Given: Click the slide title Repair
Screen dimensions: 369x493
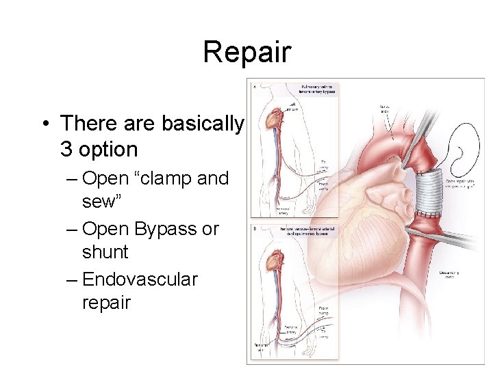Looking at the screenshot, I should (246, 52).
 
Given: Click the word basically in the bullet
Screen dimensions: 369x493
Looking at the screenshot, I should (202, 124).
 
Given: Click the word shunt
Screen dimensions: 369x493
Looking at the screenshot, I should (105, 252).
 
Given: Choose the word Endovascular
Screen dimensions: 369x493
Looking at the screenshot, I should (140, 279).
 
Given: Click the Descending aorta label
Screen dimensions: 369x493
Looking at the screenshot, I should (453, 275).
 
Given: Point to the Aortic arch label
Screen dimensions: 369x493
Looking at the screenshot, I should (387, 110).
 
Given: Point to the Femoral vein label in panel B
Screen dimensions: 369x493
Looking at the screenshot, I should (259, 351).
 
